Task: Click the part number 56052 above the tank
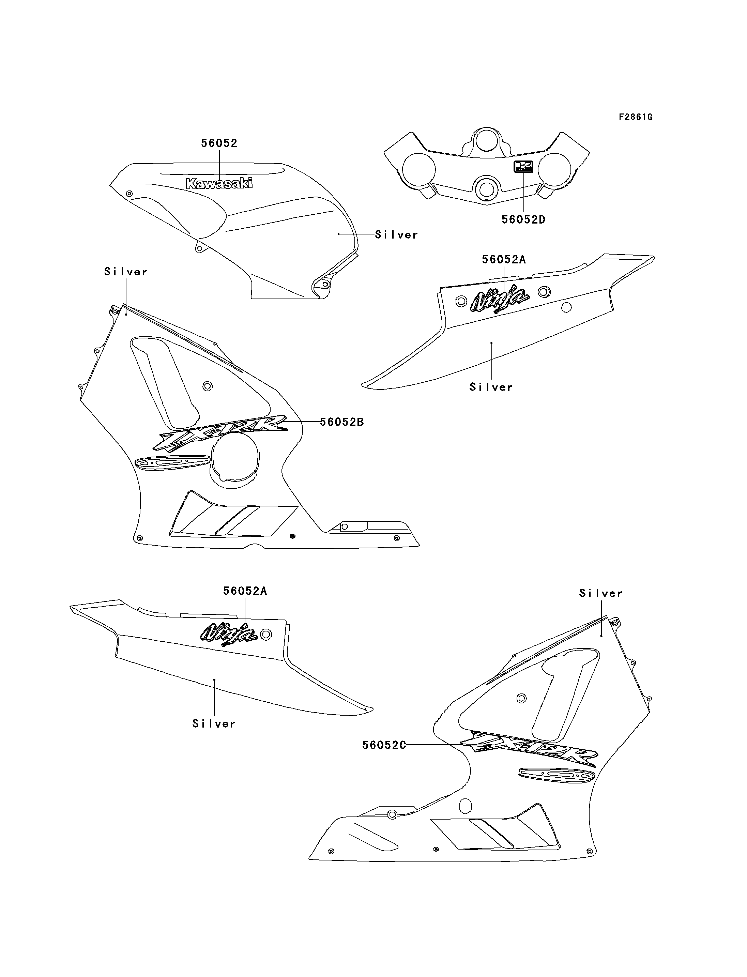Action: pyautogui.click(x=219, y=143)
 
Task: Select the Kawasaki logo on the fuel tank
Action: pyautogui.click(x=219, y=183)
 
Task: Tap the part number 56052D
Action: pyautogui.click(x=523, y=220)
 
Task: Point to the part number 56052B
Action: pyautogui.click(x=342, y=422)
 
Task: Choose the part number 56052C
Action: pyautogui.click(x=384, y=745)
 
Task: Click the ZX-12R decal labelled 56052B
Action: pyautogui.click(x=220, y=433)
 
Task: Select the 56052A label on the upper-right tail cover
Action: pyautogui.click(x=504, y=260)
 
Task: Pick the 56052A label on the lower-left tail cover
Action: pyautogui.click(x=245, y=591)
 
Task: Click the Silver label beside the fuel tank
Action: pyautogui.click(x=397, y=235)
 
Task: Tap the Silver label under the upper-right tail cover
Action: pyautogui.click(x=491, y=387)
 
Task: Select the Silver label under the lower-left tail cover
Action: pyautogui.click(x=214, y=724)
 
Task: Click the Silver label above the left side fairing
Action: pyautogui.click(x=126, y=272)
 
